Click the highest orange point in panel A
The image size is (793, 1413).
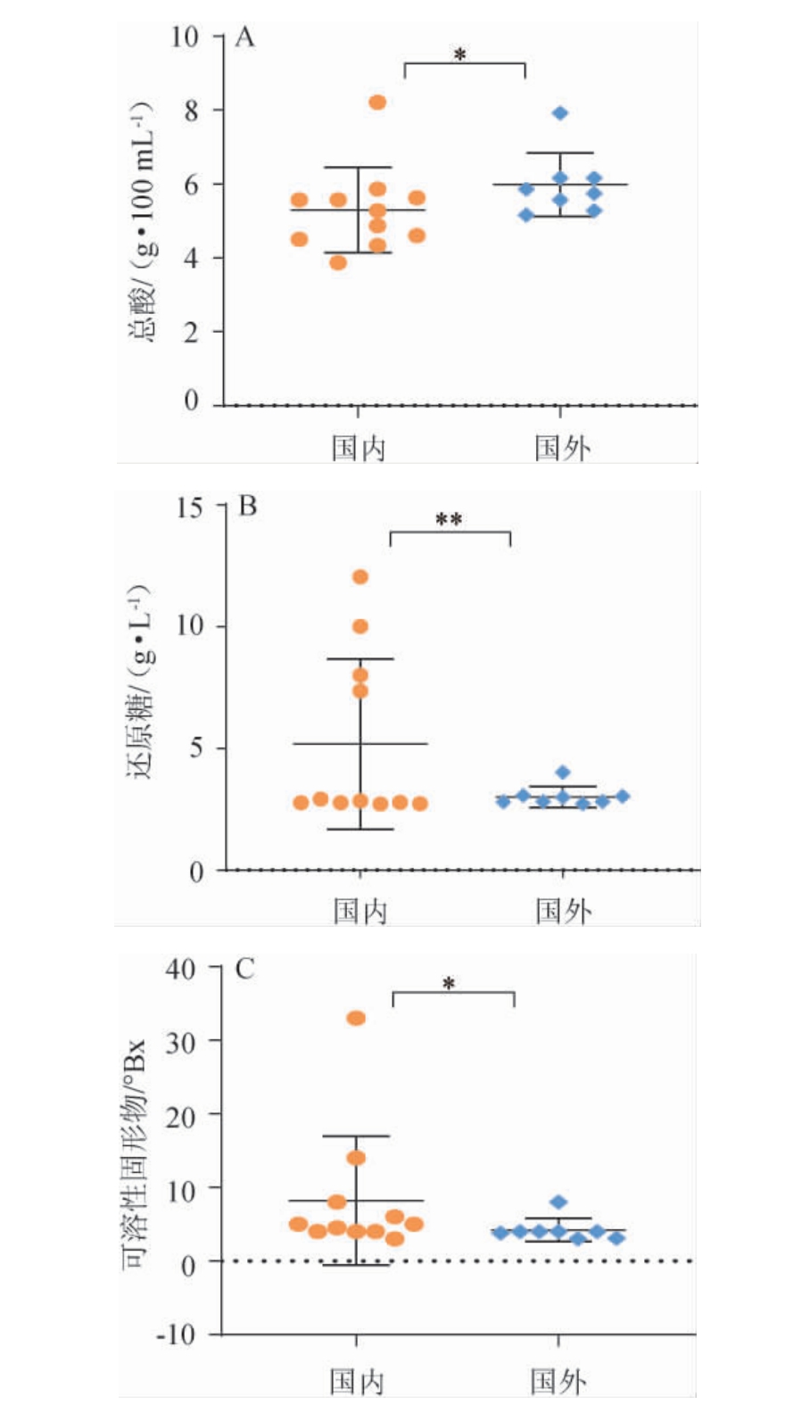click(377, 103)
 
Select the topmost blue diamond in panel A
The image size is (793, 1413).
click(560, 113)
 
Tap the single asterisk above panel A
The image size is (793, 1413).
click(460, 55)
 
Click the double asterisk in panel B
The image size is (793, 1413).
click(449, 519)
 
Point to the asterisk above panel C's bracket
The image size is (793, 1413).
click(449, 984)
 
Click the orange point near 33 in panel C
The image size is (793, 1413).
click(356, 1019)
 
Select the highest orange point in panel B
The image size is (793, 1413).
click(360, 577)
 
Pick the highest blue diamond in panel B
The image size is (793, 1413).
click(562, 773)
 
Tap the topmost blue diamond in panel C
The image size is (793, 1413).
click(558, 1202)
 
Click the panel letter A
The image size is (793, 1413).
click(244, 37)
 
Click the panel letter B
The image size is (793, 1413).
click(247, 507)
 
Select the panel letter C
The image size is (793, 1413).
click(244, 969)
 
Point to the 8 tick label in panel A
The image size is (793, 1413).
click(191, 111)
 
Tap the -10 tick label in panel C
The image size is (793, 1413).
click(175, 1335)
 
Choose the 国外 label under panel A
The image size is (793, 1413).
click(562, 448)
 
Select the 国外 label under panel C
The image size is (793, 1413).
click(558, 1382)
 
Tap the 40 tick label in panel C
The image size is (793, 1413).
click(180, 969)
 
